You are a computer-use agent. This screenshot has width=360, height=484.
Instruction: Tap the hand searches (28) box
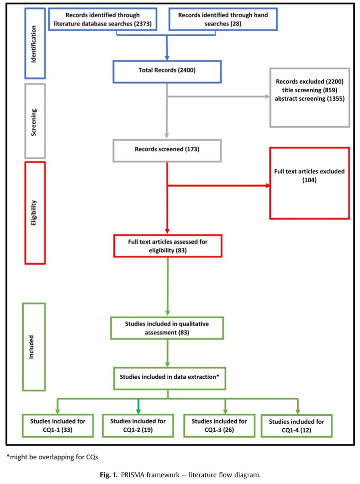point(223,19)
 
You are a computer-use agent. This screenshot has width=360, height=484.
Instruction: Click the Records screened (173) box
point(167,149)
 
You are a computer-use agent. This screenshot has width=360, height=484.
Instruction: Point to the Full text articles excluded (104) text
point(310,175)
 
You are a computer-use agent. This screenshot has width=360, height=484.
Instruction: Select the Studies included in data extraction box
point(169,378)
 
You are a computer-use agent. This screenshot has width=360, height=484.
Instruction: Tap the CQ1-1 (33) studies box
point(57,426)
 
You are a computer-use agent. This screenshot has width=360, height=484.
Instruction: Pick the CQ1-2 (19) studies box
point(138,425)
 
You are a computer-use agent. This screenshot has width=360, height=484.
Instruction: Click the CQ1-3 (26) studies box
point(219,425)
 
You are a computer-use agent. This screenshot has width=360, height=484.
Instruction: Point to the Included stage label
point(34,346)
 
